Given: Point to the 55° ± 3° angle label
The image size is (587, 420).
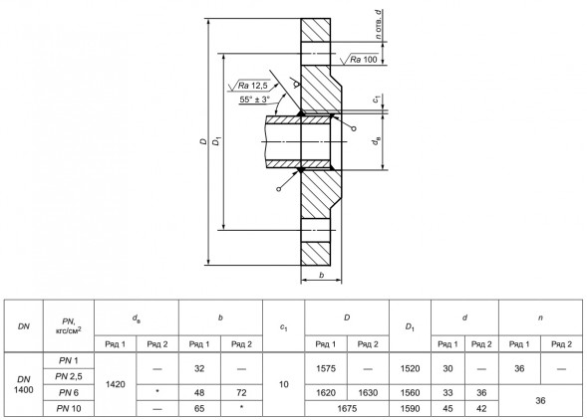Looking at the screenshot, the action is tap(254, 100).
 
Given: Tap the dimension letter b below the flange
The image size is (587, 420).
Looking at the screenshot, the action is tap(321, 276).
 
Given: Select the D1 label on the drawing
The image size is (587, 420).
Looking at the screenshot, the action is tap(216, 141).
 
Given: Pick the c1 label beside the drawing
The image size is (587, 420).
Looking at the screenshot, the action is tap(377, 100).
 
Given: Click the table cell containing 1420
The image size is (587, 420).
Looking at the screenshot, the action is tap(116, 384).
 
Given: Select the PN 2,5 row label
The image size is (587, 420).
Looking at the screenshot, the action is tap(69, 376).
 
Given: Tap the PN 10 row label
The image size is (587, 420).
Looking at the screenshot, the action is tap(69, 408).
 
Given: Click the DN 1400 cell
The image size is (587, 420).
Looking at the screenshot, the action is tap(24, 384).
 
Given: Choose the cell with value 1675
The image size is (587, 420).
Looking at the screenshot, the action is tap(347, 408).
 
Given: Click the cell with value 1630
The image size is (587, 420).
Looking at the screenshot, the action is tap(368, 393).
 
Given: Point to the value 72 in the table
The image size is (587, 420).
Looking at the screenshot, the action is tap(241, 393).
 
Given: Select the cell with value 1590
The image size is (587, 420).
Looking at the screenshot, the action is tap(410, 408).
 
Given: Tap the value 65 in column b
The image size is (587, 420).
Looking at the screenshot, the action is tap(199, 408).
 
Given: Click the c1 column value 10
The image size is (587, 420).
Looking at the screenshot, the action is tap(284, 384).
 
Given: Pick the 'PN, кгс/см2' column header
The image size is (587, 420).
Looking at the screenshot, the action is tap(69, 325).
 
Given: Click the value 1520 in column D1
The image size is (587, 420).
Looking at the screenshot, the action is tap(410, 369).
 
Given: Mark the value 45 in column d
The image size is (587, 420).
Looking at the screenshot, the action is tap(447, 408).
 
